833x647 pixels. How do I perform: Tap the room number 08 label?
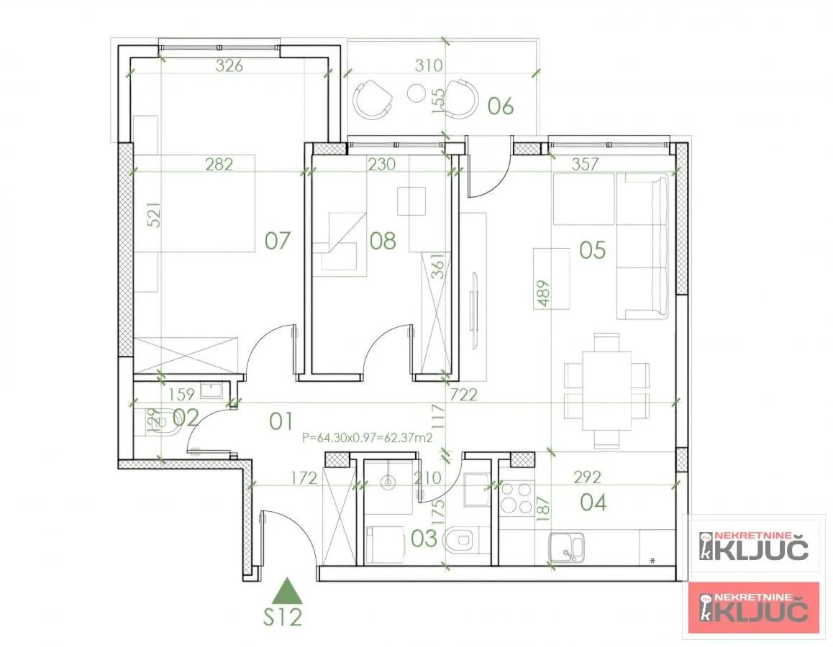(383, 240)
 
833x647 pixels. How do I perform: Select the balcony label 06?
(501, 106)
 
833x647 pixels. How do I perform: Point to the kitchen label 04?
(593, 502)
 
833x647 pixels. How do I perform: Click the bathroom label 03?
(424, 538)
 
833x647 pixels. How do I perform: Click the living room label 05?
(593, 250)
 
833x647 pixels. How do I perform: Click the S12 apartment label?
(282, 617)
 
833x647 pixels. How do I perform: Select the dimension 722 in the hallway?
(463, 394)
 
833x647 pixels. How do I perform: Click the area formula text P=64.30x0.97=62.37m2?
(367, 436)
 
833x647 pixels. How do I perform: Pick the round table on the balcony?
(416, 92)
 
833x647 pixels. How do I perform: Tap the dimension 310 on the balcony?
(429, 66)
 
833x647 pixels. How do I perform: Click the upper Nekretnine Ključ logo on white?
(754, 546)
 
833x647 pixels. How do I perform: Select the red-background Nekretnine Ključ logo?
(754, 607)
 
